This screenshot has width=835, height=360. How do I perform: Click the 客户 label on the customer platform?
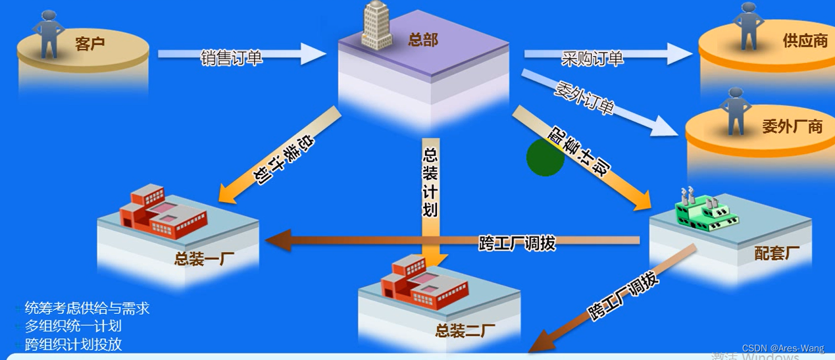click(89, 45)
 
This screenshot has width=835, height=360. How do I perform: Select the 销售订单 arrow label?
click(232, 58)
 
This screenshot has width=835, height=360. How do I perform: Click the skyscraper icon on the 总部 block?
click(376, 26)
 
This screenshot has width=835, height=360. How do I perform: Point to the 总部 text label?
click(422, 40)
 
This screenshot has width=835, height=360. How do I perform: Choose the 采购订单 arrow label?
click(592, 59)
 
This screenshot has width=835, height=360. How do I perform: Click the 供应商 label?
click(805, 41)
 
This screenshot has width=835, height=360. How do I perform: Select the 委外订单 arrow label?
click(585, 98)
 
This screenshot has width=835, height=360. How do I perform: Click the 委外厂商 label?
click(792, 126)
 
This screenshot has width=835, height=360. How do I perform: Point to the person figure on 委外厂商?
click(735, 110)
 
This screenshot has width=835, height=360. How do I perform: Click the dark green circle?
click(545, 157)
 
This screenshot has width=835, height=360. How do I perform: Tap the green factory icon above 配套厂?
click(701, 210)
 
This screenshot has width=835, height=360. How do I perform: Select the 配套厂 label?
click(777, 253)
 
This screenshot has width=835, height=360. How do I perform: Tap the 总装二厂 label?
click(461, 330)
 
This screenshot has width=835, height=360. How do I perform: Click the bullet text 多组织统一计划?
click(73, 326)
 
